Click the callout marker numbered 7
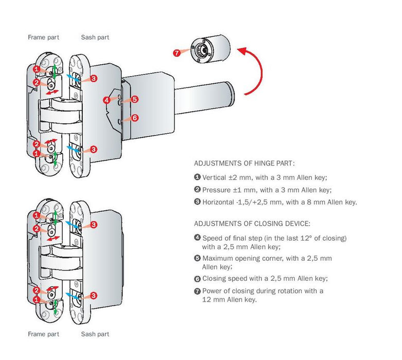coord(177,53)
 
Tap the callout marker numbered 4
coord(107,100)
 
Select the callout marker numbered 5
coord(134,99)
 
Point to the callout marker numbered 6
coord(134,118)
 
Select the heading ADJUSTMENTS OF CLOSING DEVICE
coord(252,224)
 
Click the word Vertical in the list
coord(214,177)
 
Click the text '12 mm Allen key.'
coord(229,300)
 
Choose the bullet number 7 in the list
coord(197,291)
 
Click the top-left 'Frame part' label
coord(43,38)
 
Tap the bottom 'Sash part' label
coord(95,334)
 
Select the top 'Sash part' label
coord(95,38)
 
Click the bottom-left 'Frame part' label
coord(43,334)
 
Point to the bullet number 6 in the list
coord(197,279)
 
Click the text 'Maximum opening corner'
coord(239,258)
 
